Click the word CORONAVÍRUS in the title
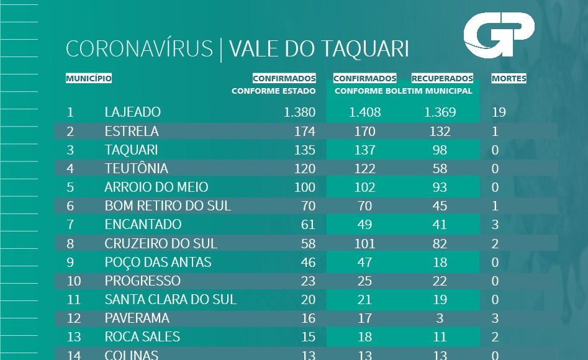pyautogui.click(x=139, y=50)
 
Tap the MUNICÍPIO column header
pyautogui.click(x=89, y=79)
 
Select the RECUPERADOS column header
pyautogui.click(x=442, y=79)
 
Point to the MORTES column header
pyautogui.click(x=509, y=79)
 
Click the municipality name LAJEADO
pyautogui.click(x=133, y=112)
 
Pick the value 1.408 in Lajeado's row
pyautogui.click(x=364, y=112)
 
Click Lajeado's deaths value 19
pyautogui.click(x=499, y=112)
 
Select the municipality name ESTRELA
pyautogui.click(x=132, y=132)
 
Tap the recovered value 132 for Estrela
pyautogui.click(x=440, y=132)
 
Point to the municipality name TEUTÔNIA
pyautogui.click(x=137, y=169)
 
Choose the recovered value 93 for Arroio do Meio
pyautogui.click(x=440, y=187)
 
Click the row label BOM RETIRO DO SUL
pyautogui.click(x=168, y=206)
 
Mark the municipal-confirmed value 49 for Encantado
pyautogui.click(x=364, y=225)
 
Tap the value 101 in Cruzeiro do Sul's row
pyautogui.click(x=364, y=243)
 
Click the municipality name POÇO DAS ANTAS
pyautogui.click(x=158, y=262)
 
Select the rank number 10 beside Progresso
pyautogui.click(x=74, y=281)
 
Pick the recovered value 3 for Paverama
pyautogui.click(x=440, y=318)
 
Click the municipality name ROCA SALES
pyautogui.click(x=142, y=336)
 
